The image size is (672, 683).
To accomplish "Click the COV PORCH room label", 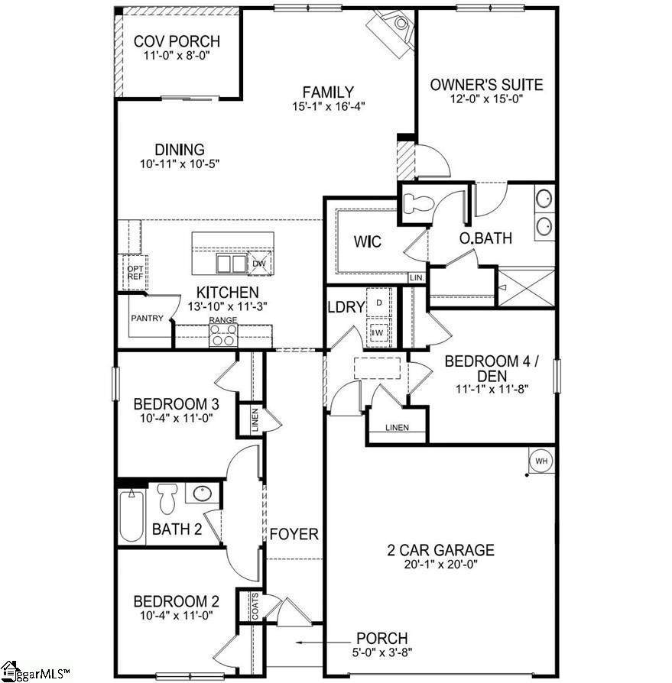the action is tap(177, 41).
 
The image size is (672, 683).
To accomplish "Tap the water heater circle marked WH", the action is tap(541, 461).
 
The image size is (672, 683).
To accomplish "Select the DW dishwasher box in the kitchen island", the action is tap(259, 264).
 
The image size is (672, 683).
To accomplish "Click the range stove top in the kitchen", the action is tap(223, 335).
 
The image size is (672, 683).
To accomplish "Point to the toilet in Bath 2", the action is tap(167, 498).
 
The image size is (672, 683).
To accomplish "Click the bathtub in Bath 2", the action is tap(132, 516).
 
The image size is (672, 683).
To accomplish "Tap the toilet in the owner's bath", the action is tap(418, 203).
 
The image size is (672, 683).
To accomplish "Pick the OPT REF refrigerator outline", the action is tap(135, 273).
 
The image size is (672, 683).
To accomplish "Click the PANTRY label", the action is tap(148, 319).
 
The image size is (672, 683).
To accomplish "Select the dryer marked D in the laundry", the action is tap(379, 303).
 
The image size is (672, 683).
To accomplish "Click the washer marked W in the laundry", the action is tap(378, 333).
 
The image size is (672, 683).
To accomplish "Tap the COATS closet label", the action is tap(255, 606).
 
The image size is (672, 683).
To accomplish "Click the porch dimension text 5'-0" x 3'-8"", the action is tap(382, 652).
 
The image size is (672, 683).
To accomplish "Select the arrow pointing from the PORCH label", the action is tap(323, 642).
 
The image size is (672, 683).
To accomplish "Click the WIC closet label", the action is tap(368, 241).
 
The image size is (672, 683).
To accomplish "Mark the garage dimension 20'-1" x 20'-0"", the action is tap(441, 564).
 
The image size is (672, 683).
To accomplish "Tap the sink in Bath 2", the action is tap(202, 494).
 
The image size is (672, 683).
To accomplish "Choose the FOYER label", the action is tap(294, 534).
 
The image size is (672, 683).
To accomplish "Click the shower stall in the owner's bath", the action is tap(526, 288).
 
